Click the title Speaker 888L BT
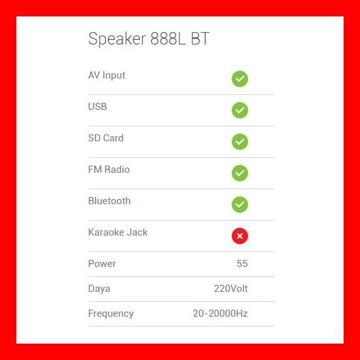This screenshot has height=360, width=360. [x=149, y=39]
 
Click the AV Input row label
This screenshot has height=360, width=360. [x=107, y=75]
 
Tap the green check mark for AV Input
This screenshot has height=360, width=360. [x=240, y=79]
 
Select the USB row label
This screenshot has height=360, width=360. [x=98, y=107]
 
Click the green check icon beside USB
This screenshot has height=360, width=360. [x=240, y=111]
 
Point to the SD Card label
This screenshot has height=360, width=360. [x=105, y=138]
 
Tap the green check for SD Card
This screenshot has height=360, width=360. [x=240, y=142]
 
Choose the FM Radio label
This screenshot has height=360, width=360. [x=109, y=170]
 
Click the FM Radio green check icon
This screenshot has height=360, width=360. [x=240, y=173]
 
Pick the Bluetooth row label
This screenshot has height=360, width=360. [x=109, y=201]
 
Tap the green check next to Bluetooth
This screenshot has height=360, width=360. [x=240, y=205]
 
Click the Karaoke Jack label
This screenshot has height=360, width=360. [x=118, y=232]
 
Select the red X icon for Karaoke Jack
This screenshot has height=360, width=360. [x=240, y=236]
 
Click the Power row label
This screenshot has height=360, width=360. [x=102, y=264]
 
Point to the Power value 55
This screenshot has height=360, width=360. [x=242, y=264]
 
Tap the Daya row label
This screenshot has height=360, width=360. [x=99, y=289]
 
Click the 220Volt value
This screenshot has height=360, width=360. [x=230, y=289]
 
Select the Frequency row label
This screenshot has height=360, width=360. [x=111, y=314]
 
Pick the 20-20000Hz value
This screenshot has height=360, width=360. [x=220, y=314]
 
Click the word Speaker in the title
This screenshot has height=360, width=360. [x=115, y=39]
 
